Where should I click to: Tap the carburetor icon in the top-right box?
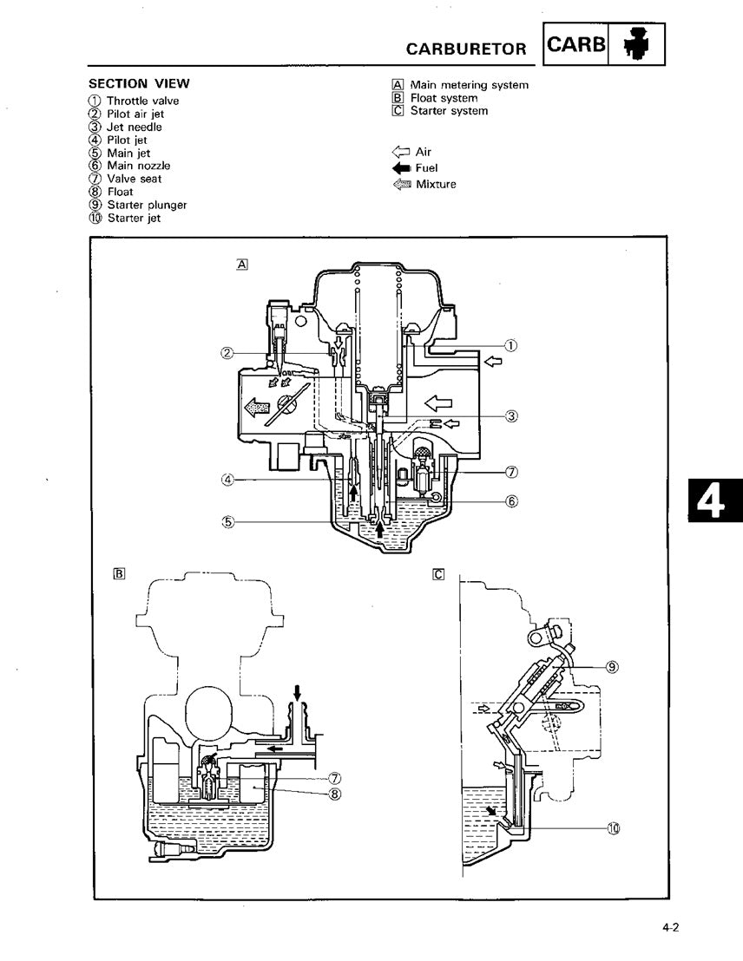[x=642, y=45]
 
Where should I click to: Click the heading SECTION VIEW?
[x=139, y=84]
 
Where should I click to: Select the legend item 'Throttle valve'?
[x=142, y=101]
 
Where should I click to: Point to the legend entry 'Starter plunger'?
[x=147, y=205]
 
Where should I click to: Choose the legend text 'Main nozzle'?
[x=138, y=166]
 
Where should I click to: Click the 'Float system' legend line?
[x=444, y=98]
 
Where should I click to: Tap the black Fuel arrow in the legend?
[x=402, y=167]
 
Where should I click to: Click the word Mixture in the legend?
[x=436, y=184]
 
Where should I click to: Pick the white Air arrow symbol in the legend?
[x=402, y=152]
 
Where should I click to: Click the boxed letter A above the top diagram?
[x=241, y=264]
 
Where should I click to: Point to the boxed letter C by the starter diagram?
[x=438, y=572]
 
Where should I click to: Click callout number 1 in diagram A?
[x=511, y=345]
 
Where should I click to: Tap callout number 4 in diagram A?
[x=227, y=479]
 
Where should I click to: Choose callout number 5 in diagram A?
[x=227, y=521]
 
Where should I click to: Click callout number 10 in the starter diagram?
[x=615, y=828]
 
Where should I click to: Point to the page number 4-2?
[x=669, y=928]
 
